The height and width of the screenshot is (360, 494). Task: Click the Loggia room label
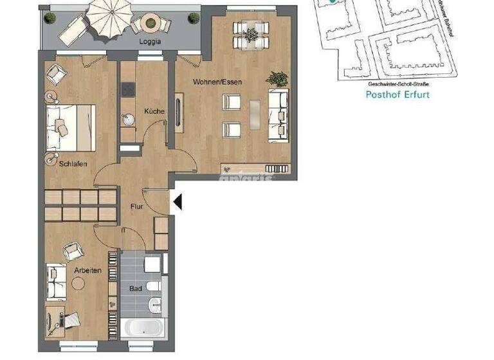pos(150,42)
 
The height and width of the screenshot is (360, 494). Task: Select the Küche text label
pos(154,111)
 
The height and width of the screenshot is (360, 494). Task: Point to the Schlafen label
pos(73,164)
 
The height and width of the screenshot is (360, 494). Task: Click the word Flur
pos(136,207)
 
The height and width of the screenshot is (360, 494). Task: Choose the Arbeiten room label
pos(87,271)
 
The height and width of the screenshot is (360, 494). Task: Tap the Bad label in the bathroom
pos(135,289)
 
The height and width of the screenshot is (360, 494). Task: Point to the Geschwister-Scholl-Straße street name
pos(397,84)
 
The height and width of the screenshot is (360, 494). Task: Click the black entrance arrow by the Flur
pos(178,203)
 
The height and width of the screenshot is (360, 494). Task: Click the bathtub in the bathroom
pos(145,327)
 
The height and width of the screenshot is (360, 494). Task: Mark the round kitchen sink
pos(127,119)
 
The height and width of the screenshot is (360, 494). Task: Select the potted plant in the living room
pos(279,78)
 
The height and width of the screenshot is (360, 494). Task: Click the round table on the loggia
pos(151,23)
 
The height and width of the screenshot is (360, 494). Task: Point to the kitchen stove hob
pos(127,89)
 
